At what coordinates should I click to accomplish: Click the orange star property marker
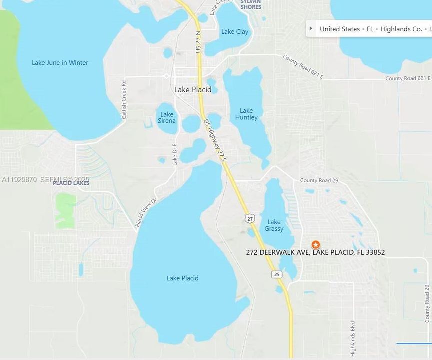[316, 245]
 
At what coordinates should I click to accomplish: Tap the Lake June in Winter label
[60, 63]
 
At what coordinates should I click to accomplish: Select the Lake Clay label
[235, 32]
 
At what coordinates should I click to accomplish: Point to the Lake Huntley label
[246, 114]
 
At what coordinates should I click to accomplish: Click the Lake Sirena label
[167, 117]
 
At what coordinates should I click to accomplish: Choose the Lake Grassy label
[274, 225]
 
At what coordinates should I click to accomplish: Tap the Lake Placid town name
[193, 90]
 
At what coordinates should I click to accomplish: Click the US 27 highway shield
[250, 218]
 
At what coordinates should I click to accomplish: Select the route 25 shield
[277, 274]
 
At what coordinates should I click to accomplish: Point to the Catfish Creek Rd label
[124, 100]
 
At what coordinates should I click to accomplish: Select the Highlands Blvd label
[353, 338]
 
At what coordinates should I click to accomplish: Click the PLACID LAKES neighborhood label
[71, 183]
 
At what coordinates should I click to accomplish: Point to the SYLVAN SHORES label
[250, 4]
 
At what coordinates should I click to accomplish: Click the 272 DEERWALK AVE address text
[315, 252]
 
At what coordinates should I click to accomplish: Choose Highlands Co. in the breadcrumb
[401, 29]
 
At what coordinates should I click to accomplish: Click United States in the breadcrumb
[340, 29]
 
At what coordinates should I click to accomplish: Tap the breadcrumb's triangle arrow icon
[311, 28]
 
